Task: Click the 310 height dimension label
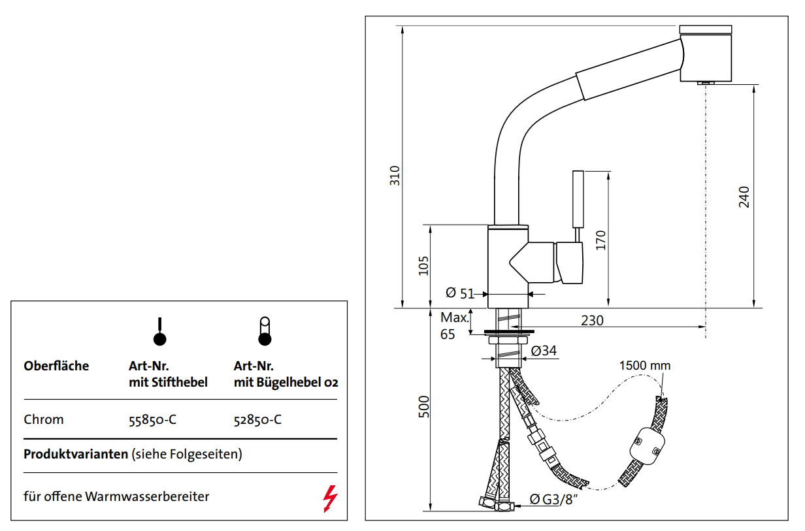[x=395, y=176]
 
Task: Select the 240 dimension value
[x=744, y=197]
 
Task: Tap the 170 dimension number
[x=601, y=240]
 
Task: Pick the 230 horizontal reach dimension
[x=592, y=321]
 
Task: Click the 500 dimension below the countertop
[x=423, y=408]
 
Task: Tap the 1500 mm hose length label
[x=644, y=365]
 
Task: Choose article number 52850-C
[x=257, y=419]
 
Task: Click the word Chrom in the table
[x=44, y=419]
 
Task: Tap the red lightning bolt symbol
[x=331, y=499]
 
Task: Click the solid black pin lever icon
[x=159, y=332]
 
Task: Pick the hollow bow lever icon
[x=265, y=331]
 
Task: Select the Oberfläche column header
[x=56, y=366]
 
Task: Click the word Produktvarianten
[x=76, y=454]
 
